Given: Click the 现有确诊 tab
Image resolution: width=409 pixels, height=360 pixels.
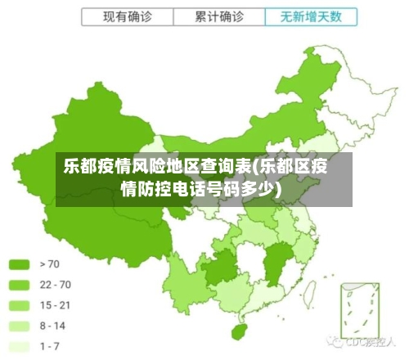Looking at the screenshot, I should (x=128, y=16).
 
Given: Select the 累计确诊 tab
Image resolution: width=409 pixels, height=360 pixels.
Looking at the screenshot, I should (x=219, y=16).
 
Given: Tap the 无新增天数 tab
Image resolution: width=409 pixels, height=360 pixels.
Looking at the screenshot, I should (x=311, y=16).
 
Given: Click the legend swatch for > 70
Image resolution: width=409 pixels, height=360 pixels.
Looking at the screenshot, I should (x=19, y=264).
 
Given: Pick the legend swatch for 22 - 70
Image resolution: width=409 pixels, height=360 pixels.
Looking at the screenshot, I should (x=19, y=285).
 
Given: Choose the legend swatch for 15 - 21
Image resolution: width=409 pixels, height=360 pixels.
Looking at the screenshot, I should (x=19, y=305).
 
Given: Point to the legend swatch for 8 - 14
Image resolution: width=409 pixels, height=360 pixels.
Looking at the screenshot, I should (x=19, y=326).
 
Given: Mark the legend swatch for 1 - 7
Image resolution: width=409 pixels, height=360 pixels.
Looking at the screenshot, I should (x=19, y=346).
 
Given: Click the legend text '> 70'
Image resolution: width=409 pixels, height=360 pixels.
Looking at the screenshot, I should (x=49, y=264).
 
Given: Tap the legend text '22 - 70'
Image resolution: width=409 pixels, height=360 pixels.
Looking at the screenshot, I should (x=55, y=285).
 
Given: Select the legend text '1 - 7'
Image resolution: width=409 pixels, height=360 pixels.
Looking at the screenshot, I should (x=51, y=346).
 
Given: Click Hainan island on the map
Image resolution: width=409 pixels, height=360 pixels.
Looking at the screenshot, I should (x=240, y=332).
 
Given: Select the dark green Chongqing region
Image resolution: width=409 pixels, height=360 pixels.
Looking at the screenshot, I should (x=219, y=266).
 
